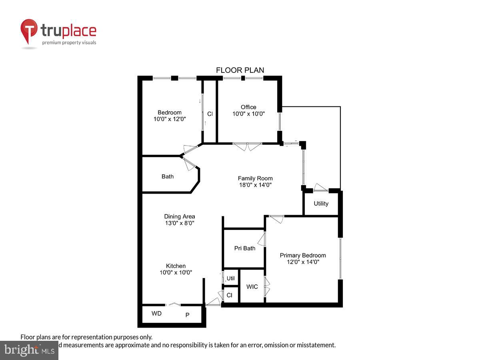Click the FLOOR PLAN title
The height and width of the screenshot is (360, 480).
coord(240,70)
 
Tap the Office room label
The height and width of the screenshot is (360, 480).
coord(248,107)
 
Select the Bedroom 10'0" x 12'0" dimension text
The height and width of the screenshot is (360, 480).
coord(170,119)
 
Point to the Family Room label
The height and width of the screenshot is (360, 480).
coord(255,178)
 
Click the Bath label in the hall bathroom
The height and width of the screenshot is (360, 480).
coord(168,176)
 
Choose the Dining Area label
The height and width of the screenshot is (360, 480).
coord(180,216)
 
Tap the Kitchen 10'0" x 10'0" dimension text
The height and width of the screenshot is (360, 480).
coord(176,272)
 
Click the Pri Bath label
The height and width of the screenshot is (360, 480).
coord(244,248)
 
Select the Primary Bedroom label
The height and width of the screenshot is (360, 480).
coord(303,255)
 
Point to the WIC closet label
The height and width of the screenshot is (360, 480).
coord(252,286)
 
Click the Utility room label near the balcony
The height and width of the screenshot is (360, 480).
coord(321,204)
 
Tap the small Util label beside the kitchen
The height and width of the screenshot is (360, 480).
coord(231,278)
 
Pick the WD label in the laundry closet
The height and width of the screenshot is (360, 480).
coord(156,314)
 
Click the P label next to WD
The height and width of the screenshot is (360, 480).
coord(187,315)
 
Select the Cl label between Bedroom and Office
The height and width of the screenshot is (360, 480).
coord(210,114)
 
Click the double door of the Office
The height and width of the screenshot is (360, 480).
coord(247,146)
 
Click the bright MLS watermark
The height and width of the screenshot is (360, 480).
coord(29,350)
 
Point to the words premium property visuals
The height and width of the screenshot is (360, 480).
coord(69,42)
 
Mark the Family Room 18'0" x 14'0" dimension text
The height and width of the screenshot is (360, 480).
coord(255,185)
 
